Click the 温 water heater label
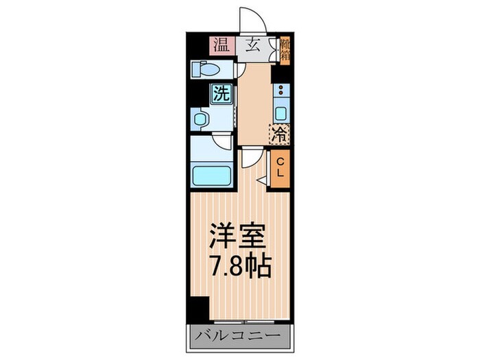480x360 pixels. tap(221, 46)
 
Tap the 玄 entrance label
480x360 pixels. tap(252, 46)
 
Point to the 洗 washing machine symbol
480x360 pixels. tap(221, 94)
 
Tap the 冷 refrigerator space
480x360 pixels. tap(280, 134)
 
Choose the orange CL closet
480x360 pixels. tap(280, 167)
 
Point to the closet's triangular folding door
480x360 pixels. tap(263, 180)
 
